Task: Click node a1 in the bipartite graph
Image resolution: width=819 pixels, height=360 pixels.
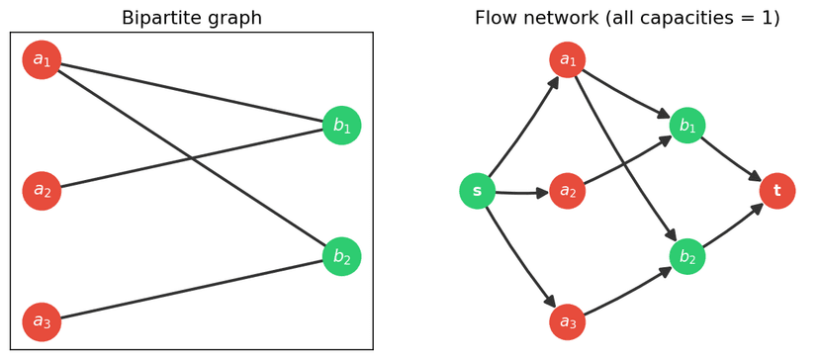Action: click(42, 60)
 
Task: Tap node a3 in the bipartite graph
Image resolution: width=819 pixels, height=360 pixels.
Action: click(42, 321)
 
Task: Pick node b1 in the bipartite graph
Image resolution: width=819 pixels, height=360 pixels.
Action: click(341, 126)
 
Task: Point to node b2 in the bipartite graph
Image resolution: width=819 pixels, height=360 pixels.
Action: click(341, 256)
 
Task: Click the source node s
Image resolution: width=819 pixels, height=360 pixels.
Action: click(478, 191)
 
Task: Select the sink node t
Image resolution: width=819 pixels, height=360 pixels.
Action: click(777, 191)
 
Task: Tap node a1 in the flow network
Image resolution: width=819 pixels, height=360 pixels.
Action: click(568, 60)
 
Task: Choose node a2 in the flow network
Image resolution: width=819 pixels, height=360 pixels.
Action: click(568, 191)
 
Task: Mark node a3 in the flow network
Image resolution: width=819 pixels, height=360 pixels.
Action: click(568, 321)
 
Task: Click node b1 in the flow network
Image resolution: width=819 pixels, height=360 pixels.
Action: click(687, 126)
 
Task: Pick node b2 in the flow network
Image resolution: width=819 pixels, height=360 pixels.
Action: click(687, 256)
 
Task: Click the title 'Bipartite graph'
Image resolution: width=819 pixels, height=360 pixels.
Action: click(192, 18)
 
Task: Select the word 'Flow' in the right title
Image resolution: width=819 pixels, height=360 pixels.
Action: click(498, 18)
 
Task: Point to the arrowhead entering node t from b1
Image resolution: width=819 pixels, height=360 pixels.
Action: click(756, 177)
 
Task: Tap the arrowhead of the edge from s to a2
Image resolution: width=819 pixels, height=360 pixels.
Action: click(541, 193)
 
